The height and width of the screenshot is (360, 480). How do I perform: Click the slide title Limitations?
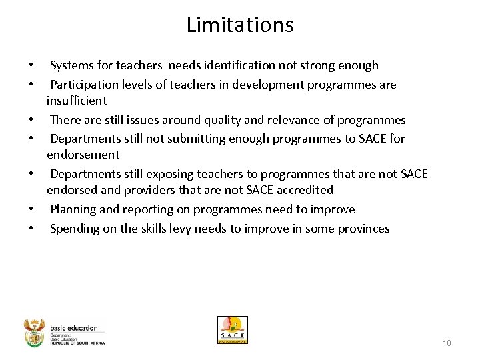click(x=240, y=25)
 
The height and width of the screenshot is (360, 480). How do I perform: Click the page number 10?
click(x=447, y=343)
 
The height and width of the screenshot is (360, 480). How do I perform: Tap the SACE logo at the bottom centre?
click(x=232, y=330)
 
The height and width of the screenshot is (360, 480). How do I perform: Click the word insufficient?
click(x=77, y=101)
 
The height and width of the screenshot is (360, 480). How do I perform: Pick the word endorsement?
click(x=83, y=155)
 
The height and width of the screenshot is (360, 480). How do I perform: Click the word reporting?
click(x=142, y=209)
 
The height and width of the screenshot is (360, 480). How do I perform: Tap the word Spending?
click(x=75, y=229)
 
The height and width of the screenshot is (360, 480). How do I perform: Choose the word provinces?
click(x=363, y=229)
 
